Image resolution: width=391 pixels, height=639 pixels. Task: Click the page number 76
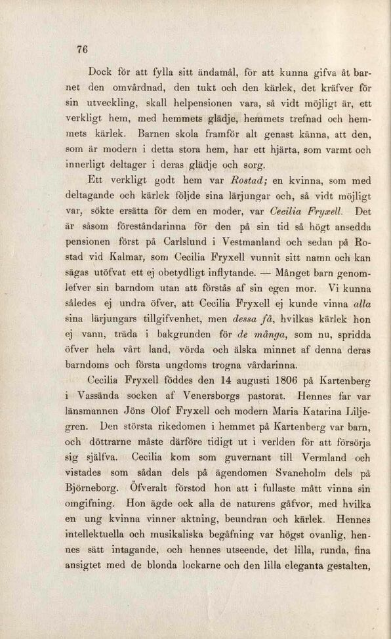tap(82, 49)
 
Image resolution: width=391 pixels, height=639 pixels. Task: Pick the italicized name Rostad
tap(247, 182)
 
